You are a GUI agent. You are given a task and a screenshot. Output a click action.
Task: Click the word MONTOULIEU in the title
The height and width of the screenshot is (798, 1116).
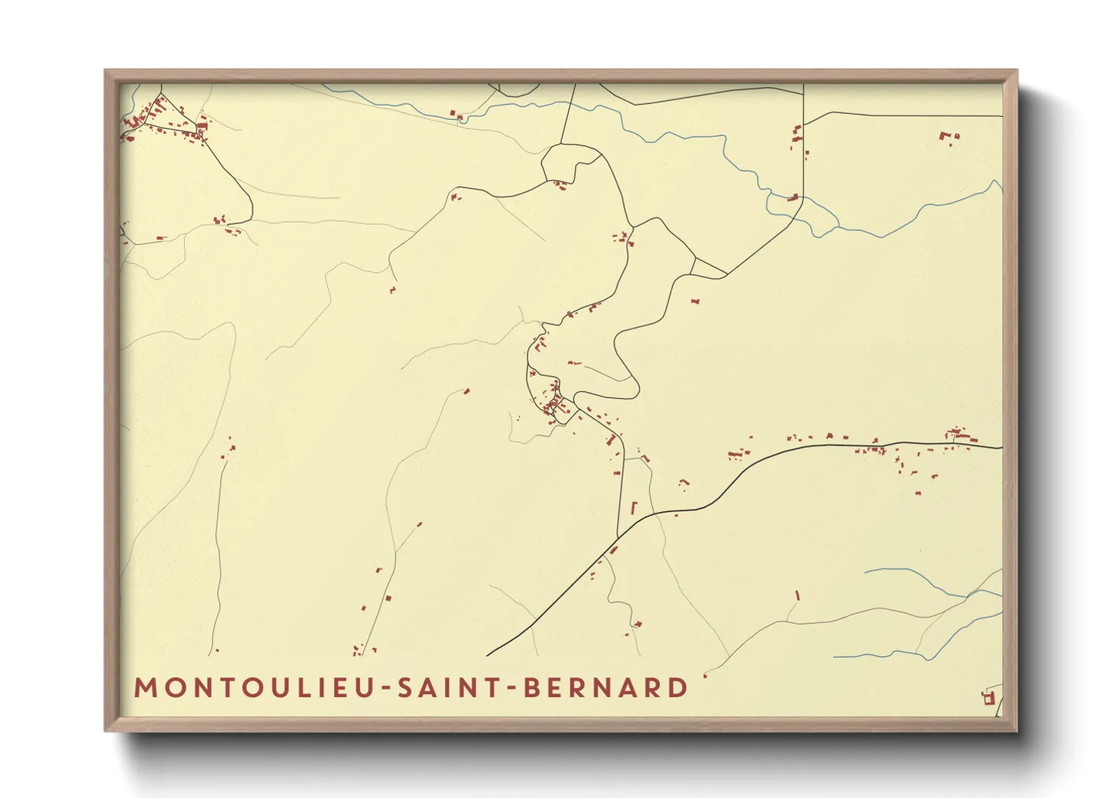[256, 688]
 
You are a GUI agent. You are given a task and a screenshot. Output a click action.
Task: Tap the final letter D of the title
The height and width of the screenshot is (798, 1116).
[679, 688]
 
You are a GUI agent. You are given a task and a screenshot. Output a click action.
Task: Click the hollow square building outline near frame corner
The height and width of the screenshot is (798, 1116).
[989, 699]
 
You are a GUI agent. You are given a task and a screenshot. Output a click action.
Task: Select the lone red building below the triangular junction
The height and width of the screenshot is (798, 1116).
[695, 301]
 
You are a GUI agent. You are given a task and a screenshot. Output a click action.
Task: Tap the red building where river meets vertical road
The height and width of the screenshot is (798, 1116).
[793, 198]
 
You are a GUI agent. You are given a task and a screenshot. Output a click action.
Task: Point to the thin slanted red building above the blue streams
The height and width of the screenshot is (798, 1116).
[797, 595]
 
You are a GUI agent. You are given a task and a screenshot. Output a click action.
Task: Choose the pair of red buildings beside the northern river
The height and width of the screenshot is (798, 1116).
[456, 115]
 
